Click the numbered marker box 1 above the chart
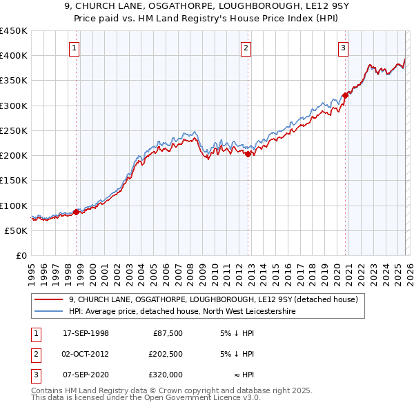coord(74,48)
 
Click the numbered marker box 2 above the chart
coord(246,48)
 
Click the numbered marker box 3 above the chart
coord(343,48)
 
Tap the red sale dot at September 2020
coord(345,96)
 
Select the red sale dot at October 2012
coord(248,155)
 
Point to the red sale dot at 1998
coord(76,212)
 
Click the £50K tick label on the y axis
coord(16,230)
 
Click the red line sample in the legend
coord(48,300)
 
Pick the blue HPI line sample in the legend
coord(48,312)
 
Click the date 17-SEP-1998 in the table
coord(86,333)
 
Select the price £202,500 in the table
coord(165,354)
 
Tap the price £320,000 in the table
coord(165,375)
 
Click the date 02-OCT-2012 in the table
coord(86,354)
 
